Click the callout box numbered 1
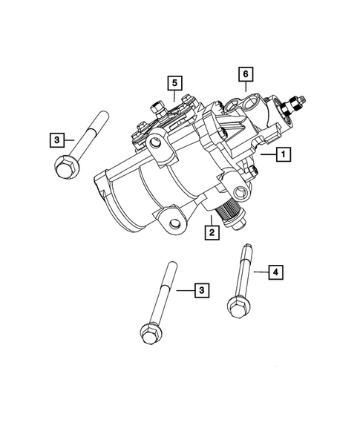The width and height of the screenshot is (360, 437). point(283,155)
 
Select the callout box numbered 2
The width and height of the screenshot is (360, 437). point(212,234)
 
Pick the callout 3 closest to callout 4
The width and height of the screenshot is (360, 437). point(200,290)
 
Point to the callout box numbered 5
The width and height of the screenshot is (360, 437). point(174,82)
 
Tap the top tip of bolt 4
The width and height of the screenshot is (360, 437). point(243,248)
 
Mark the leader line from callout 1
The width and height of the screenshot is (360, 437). point(267,155)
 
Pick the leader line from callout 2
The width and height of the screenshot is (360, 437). point(212,221)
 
